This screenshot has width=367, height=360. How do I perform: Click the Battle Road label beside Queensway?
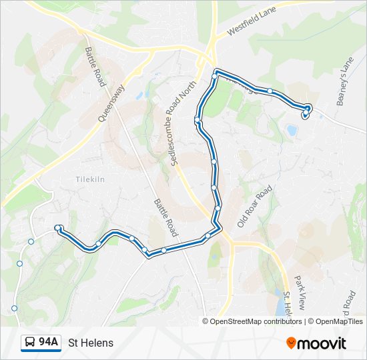tap(94, 67)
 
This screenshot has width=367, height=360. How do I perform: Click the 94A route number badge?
tap(48, 343)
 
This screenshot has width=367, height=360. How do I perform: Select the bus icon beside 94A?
tap(30, 343)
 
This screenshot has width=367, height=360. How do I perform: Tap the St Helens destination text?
tap(91, 343)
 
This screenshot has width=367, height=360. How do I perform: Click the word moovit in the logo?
tap(322, 343)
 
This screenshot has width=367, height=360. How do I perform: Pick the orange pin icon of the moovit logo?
tap(291, 343)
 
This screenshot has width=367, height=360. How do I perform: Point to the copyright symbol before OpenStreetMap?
tap(206, 321)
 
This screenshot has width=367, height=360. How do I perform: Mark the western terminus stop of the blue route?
tap(59, 228)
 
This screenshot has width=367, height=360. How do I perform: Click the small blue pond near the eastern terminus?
tap(292, 130)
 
